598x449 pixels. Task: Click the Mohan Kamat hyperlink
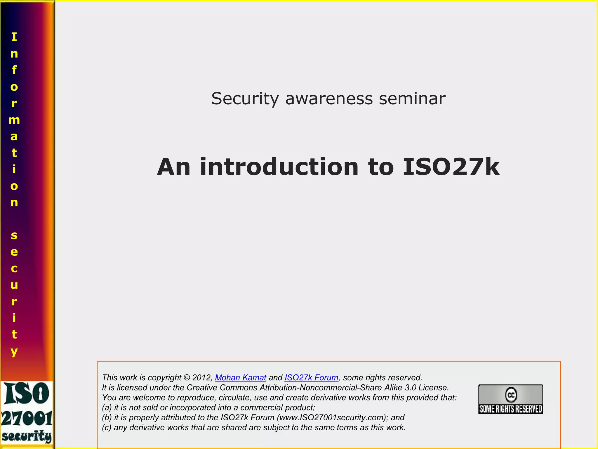click(x=240, y=378)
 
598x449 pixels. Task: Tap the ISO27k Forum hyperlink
click(x=311, y=378)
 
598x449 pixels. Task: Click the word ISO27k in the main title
click(x=451, y=167)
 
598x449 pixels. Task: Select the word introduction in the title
click(x=279, y=167)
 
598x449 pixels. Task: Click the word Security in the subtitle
click(x=245, y=99)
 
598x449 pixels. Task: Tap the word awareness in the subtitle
click(x=329, y=99)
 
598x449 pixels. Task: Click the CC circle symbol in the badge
click(x=511, y=395)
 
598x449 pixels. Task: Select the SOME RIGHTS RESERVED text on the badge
click(x=511, y=409)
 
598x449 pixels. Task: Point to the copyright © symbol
click(x=187, y=378)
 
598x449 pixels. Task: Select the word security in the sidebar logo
click(x=27, y=436)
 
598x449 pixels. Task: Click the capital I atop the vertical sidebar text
click(x=14, y=37)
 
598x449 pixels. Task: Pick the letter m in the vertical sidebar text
click(x=14, y=120)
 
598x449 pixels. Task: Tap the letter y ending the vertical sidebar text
click(x=14, y=351)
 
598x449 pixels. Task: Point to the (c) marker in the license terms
click(x=107, y=428)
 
